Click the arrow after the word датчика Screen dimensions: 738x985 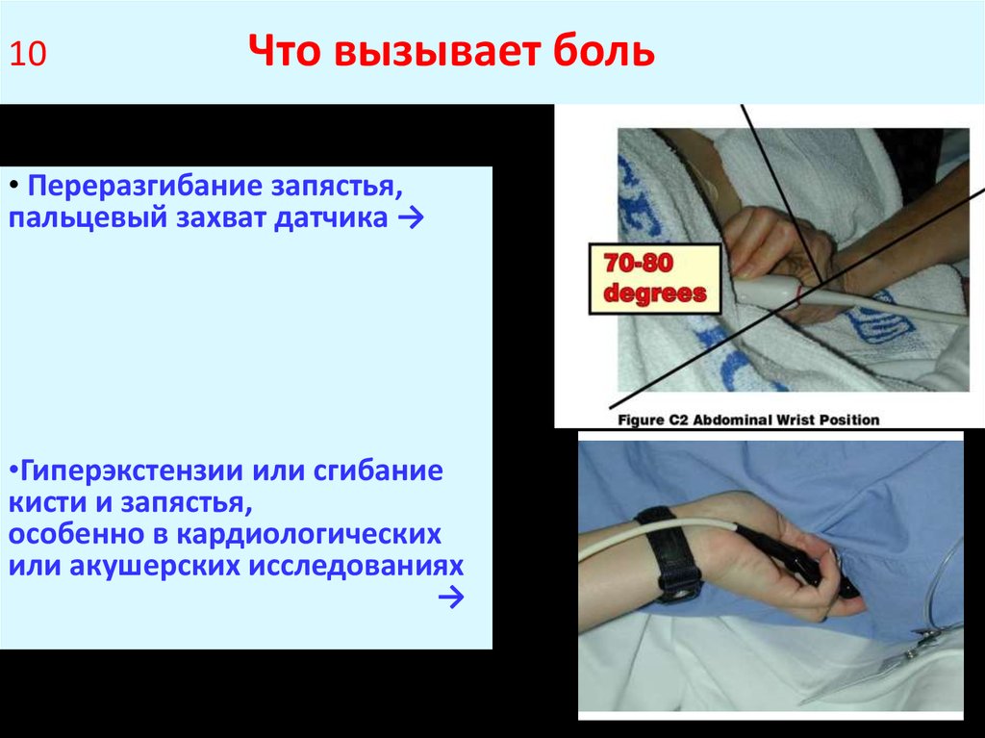406,218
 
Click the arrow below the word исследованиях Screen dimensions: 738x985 448,598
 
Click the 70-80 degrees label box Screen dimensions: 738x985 654,278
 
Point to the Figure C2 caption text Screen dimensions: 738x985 748,419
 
